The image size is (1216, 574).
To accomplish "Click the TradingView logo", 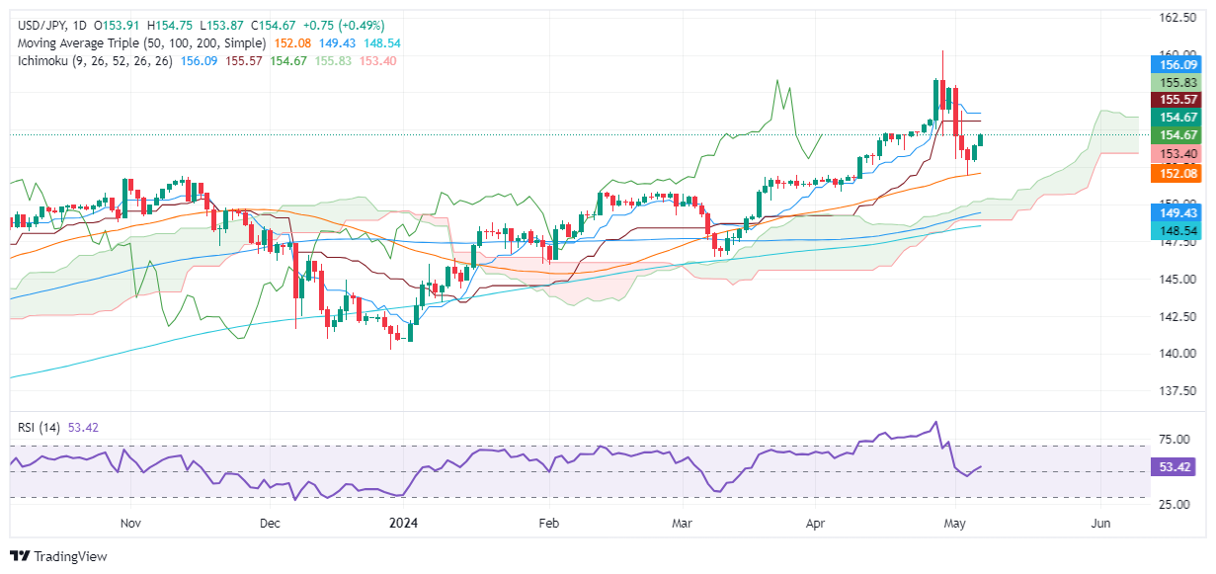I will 59,556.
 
